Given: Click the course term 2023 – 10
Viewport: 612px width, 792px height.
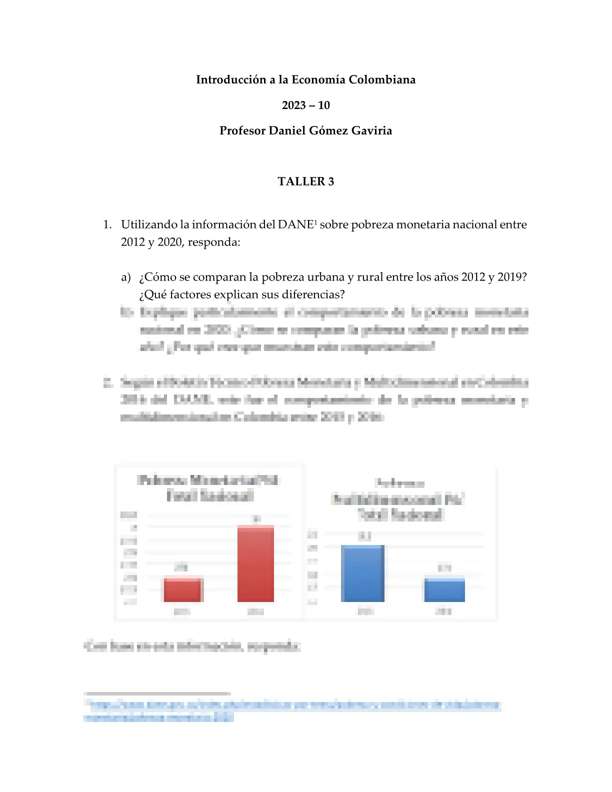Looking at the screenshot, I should point(305,105).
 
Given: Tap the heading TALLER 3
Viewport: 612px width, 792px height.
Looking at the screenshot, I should point(305,181).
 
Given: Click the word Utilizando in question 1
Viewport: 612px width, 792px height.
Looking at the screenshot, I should point(149,225).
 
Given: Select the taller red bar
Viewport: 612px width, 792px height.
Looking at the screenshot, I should point(255,563).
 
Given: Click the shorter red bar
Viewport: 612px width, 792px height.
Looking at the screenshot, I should point(182,590).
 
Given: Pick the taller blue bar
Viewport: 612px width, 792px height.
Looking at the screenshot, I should point(362,573).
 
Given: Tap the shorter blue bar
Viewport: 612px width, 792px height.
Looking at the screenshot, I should point(444,590).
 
